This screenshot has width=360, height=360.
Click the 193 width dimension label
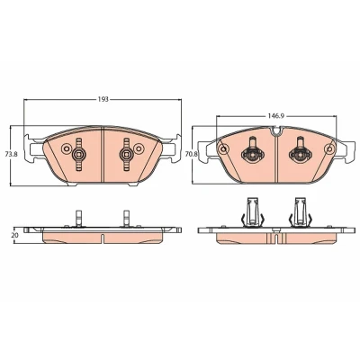pyautogui.click(x=103, y=99)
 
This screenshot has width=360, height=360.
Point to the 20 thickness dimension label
pyautogui.click(x=14, y=235)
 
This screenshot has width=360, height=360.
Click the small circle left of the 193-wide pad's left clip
pyautogui.click(x=65, y=148)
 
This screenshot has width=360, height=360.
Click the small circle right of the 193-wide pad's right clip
pyautogui.click(x=139, y=148)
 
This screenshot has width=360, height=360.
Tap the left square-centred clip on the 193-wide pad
pyautogui.click(x=79, y=155)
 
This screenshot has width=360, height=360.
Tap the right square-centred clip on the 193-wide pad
pyautogui.click(x=125, y=155)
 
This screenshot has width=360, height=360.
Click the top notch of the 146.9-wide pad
pyautogui.click(x=275, y=130)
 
